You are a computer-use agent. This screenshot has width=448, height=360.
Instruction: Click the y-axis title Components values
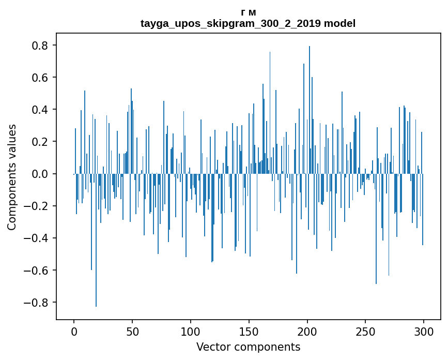pyautogui.click(x=12, y=177)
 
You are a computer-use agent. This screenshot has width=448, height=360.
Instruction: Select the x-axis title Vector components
pyautogui.click(x=248, y=347)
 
